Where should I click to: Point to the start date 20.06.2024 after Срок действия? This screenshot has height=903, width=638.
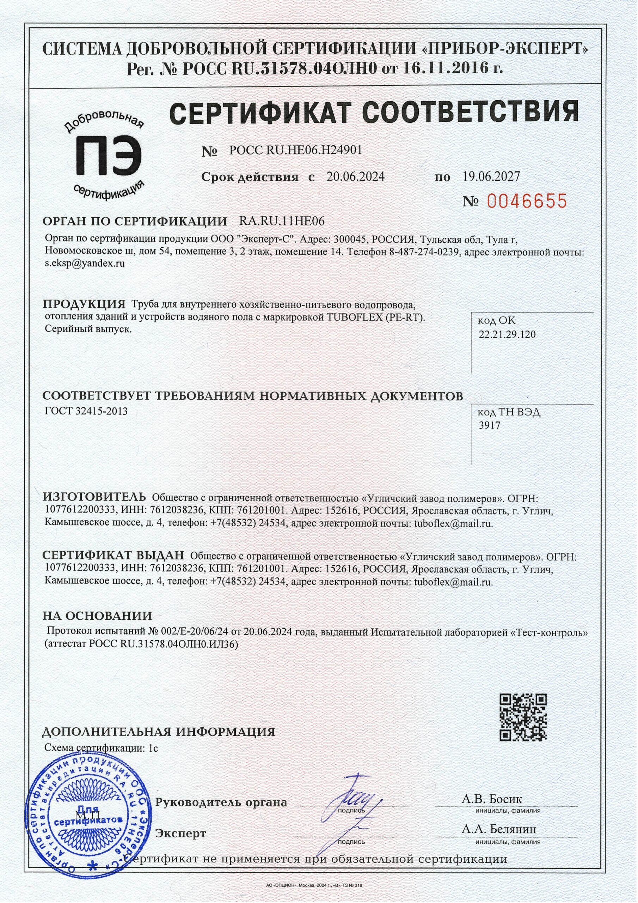(x=355, y=177)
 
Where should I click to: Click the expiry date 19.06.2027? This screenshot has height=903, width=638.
(x=489, y=177)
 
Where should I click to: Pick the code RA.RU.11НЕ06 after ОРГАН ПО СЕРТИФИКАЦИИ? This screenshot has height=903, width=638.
(x=282, y=222)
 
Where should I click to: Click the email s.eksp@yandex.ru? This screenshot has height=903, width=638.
(x=85, y=263)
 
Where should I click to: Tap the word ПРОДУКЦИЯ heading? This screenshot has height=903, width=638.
(x=84, y=304)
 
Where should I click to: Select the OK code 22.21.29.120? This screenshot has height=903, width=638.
(x=507, y=335)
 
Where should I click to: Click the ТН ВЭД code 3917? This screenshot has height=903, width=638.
(x=489, y=425)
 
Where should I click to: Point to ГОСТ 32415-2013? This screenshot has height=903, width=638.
(x=86, y=411)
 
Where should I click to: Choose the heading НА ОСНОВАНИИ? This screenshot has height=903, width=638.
(x=97, y=616)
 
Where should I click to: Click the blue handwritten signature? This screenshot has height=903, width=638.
(x=354, y=798)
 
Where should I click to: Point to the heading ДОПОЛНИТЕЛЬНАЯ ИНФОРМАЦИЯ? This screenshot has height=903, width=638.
(x=158, y=732)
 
